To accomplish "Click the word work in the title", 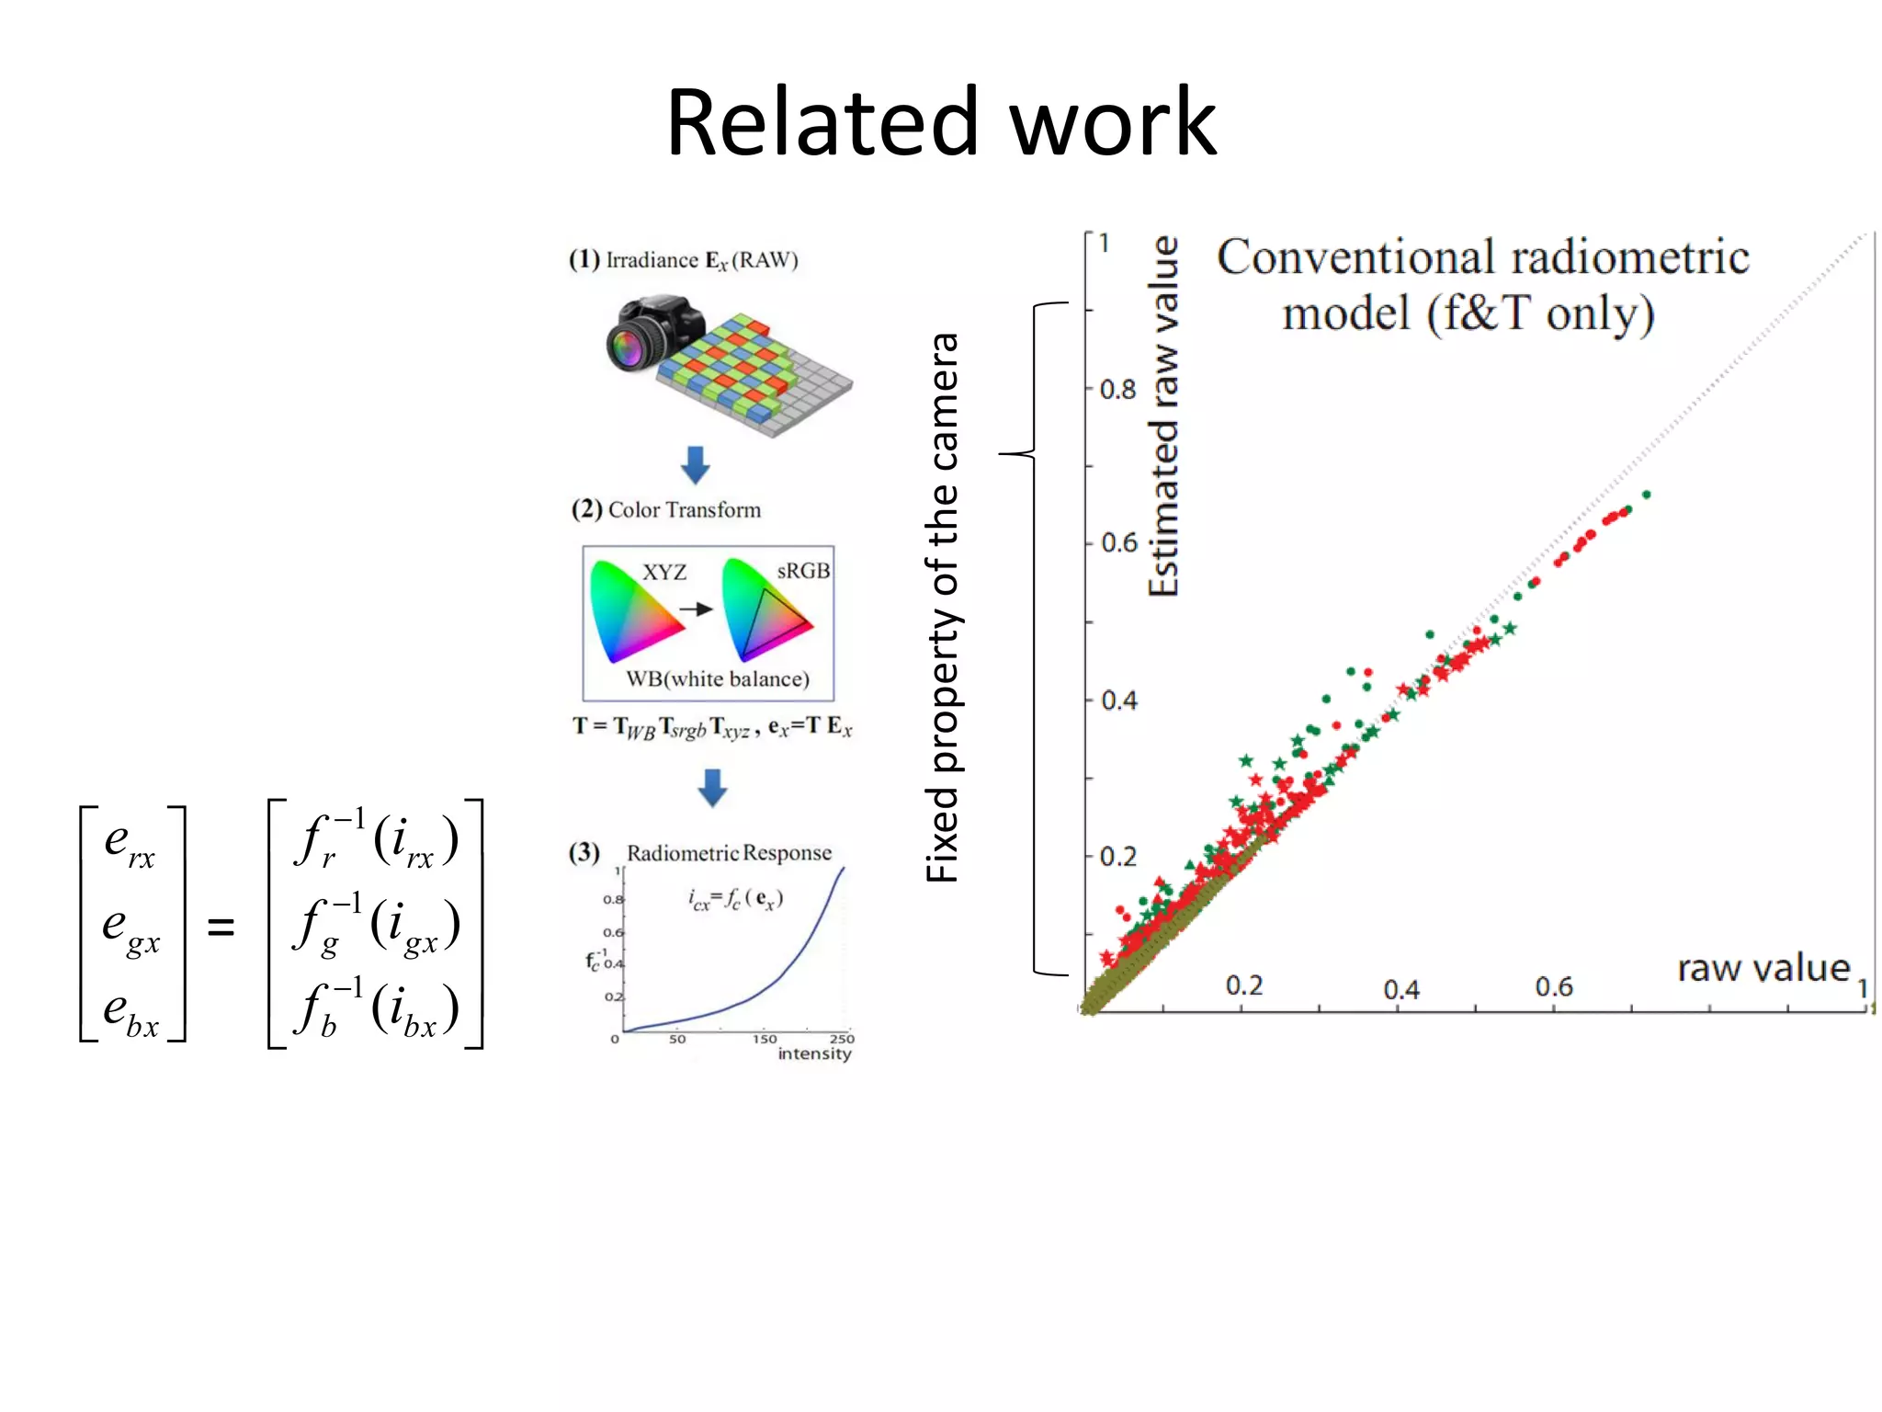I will point(1113,122).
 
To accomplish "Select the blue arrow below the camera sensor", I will point(696,465).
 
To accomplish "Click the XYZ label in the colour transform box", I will point(663,573).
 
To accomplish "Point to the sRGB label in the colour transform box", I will point(803,571).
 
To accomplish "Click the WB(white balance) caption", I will point(718,679).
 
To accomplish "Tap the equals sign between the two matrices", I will point(221,926).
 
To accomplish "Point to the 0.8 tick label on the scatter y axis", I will point(1118,390).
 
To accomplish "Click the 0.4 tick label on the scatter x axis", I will point(1401,990).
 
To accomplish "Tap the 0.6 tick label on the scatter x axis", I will point(1554,987).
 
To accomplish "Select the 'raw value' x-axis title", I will point(1763,968).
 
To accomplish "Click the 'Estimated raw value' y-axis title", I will point(1163,416).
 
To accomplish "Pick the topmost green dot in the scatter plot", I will point(1647,495).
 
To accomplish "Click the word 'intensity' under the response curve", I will point(814,1053).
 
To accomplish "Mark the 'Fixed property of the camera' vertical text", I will point(943,608).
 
